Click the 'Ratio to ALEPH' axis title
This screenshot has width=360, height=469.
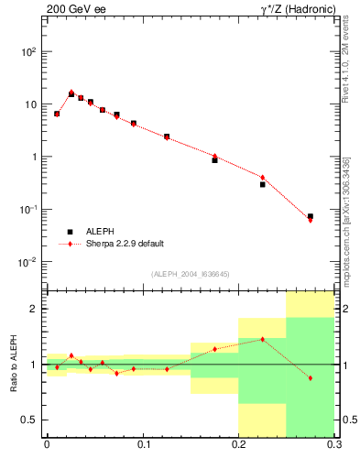tap(12, 365)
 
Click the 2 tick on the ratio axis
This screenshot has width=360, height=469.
tap(37, 309)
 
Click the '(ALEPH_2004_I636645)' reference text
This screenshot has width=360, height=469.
tap(190, 273)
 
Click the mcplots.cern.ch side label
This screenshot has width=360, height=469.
tap(346, 220)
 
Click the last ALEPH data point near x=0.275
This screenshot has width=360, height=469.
tap(311, 216)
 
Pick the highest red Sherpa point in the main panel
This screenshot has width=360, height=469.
tap(71, 92)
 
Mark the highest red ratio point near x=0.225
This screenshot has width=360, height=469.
tap(263, 339)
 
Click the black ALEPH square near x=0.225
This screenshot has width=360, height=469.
tap(262, 184)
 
